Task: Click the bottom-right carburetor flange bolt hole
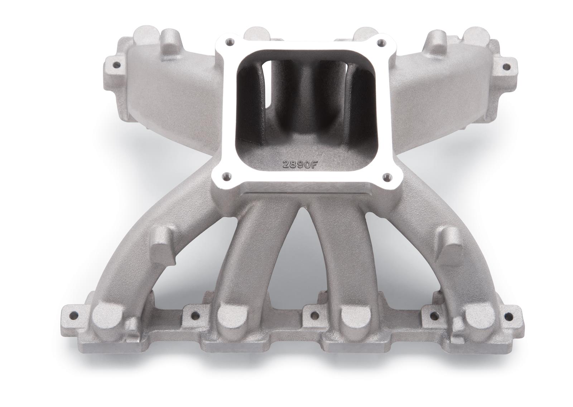tap(386, 176)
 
